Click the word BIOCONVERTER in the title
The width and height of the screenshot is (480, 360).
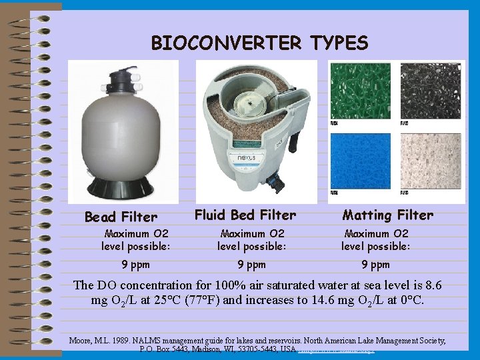(227, 43)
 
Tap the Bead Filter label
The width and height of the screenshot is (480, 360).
(121, 217)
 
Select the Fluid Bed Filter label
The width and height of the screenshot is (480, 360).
(245, 215)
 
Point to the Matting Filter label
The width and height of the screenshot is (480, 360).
(387, 215)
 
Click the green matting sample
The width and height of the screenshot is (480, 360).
(362, 90)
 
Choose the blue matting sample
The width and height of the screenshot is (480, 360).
(362, 161)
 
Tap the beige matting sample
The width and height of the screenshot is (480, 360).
(430, 161)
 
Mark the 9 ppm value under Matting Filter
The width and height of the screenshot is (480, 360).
(376, 265)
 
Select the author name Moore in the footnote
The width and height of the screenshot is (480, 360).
(81, 341)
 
